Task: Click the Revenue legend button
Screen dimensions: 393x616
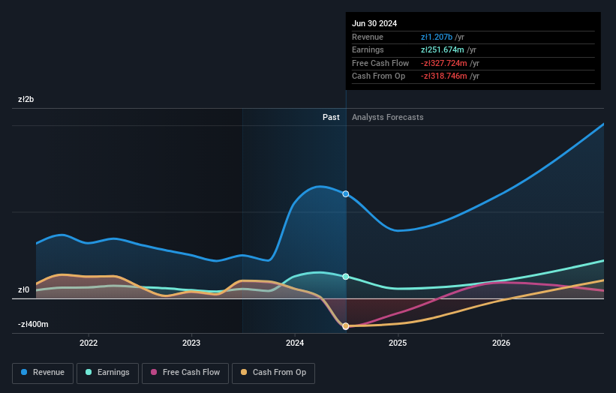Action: [43, 373]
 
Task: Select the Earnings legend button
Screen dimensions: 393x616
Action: [107, 373]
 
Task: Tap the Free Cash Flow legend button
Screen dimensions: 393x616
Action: [185, 373]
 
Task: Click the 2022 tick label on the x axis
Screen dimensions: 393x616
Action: [89, 343]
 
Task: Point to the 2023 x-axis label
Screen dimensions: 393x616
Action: [191, 343]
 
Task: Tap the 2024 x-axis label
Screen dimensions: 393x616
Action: [295, 343]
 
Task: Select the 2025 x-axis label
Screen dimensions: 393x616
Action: [398, 343]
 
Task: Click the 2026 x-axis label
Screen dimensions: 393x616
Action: [501, 343]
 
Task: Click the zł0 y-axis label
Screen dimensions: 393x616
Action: [24, 290]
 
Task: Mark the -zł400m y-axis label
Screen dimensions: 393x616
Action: [34, 325]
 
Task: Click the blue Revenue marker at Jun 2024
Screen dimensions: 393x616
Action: [346, 193]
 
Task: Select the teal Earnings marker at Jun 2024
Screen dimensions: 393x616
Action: [346, 277]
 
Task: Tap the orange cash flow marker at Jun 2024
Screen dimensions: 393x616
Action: [346, 326]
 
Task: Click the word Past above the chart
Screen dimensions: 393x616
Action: [331, 117]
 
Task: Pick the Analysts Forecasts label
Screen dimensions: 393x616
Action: [387, 117]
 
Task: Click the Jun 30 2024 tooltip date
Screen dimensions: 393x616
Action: [374, 23]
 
